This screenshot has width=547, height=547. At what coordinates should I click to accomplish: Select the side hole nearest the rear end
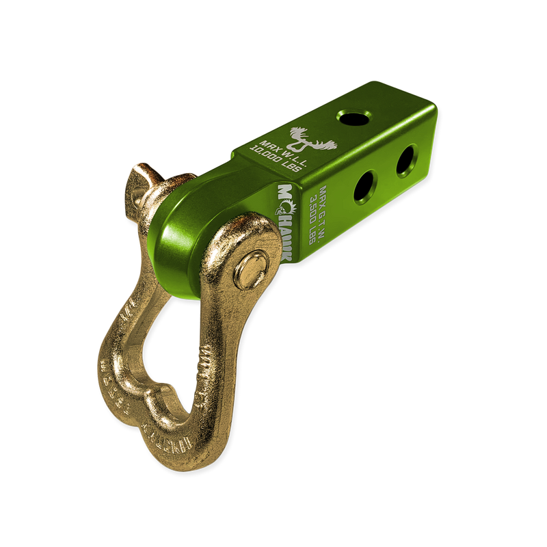[x=406, y=158]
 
